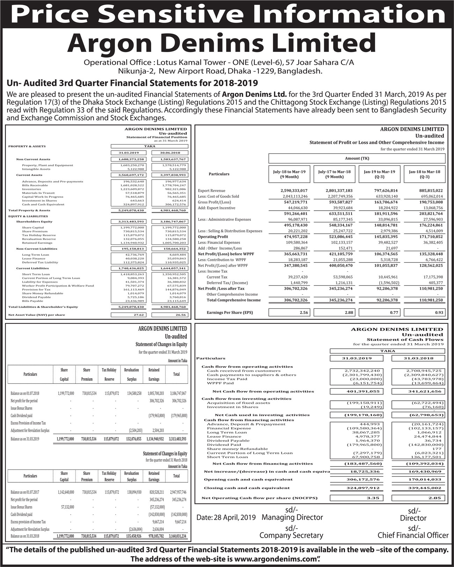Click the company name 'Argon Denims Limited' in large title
pyautogui.click(x=221, y=43)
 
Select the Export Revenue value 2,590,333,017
pyautogui.click(x=294, y=191)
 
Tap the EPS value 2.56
pyautogui.click(x=303, y=313)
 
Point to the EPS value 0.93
pyautogui.click(x=439, y=313)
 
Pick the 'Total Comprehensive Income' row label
pyautogui.click(x=233, y=300)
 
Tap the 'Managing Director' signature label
pyautogui.click(x=292, y=517)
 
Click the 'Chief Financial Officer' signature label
pyautogui.click(x=413, y=536)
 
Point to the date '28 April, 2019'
pyautogui.click(x=239, y=517)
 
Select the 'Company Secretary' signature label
pyautogui.click(x=291, y=536)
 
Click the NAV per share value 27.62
pyautogui.click(x=139, y=315)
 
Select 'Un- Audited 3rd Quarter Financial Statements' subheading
pyautogui.click(x=132, y=83)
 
